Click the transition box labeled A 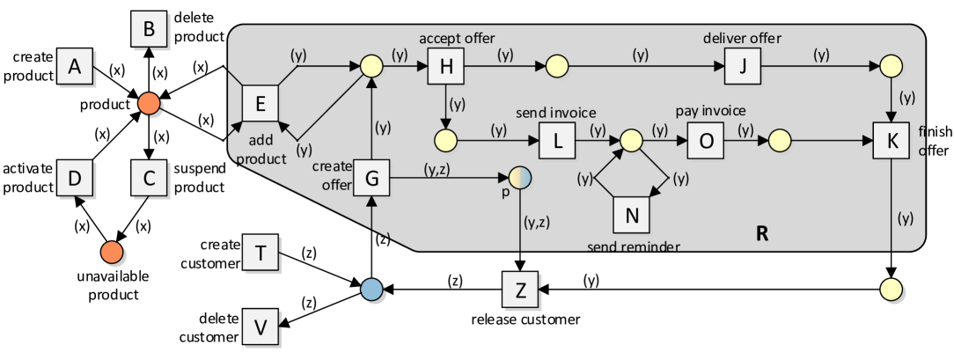[75, 66]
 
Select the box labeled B [149, 30]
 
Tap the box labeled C [149, 179]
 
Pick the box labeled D [75, 179]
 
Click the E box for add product [260, 104]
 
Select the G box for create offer [371, 179]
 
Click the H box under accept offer [445, 66]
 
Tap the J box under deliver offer [742, 66]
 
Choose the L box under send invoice [557, 141]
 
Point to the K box [891, 141]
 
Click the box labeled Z [520, 290]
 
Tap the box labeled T [261, 253]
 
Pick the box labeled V [261, 327]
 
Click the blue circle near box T [371, 290]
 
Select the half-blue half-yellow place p [520, 179]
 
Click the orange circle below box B [150, 104]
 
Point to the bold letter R [762, 234]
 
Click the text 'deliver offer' [742, 38]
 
